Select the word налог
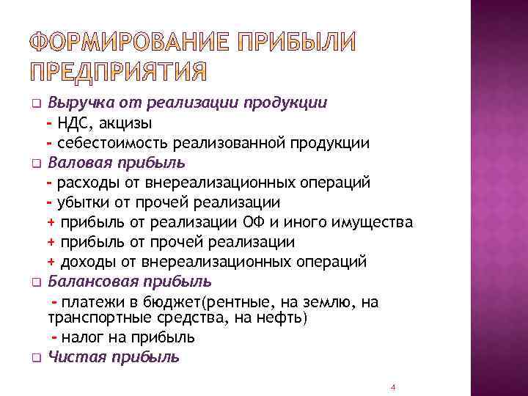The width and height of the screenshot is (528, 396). point(81,337)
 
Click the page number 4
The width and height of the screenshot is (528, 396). point(393,386)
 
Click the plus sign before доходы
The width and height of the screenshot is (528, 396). point(51,262)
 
